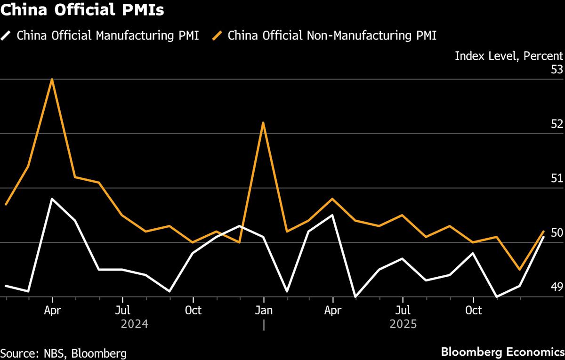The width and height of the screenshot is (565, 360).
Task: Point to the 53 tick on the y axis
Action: click(557, 70)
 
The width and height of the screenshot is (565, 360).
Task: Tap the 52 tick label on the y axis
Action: click(557, 124)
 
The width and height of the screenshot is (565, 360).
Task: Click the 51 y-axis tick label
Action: click(557, 178)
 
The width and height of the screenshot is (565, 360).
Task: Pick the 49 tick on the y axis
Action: click(557, 287)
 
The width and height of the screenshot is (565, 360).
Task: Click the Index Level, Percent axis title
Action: click(508, 56)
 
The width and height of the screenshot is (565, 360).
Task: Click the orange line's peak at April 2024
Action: click(52, 79)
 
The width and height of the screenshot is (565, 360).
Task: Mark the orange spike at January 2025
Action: click(263, 123)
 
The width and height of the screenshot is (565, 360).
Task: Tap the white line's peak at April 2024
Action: click(52, 199)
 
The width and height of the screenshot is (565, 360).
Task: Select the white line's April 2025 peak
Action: click(333, 215)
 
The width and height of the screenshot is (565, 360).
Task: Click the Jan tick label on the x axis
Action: click(263, 311)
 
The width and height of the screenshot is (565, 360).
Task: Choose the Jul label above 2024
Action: click(122, 311)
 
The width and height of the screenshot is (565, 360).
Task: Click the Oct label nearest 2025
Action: click(473, 311)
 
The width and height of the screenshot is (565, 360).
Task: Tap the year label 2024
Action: click(135, 324)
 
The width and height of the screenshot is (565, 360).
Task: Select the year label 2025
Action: click(403, 324)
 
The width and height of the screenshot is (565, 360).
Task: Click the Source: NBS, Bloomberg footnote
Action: click(63, 352)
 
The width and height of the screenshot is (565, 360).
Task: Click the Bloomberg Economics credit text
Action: click(502, 352)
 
